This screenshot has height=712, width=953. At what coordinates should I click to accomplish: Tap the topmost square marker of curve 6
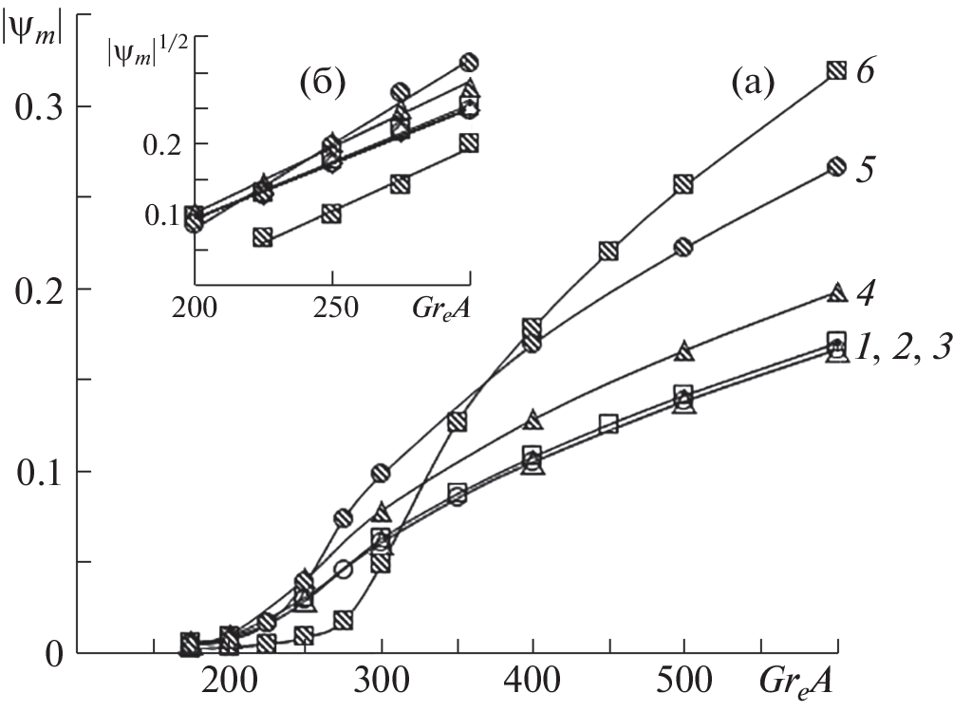pyautogui.click(x=836, y=70)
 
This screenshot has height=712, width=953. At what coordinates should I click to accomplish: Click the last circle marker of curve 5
pyautogui.click(x=836, y=166)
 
